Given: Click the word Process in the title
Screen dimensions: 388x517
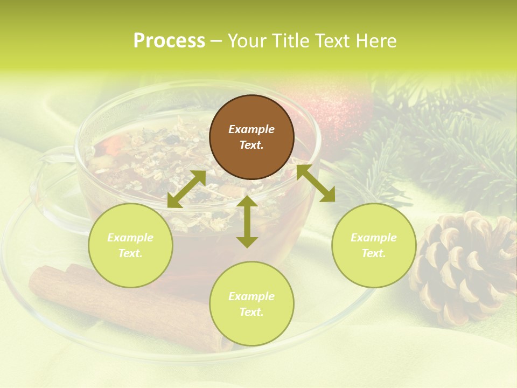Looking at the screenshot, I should [x=169, y=41].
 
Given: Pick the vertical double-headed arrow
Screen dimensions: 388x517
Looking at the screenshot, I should [x=247, y=221].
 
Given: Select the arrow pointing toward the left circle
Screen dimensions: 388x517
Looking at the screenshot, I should [x=186, y=189].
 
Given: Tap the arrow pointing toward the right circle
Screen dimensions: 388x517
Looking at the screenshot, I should [x=316, y=183].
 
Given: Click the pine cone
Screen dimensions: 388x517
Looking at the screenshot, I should [x=463, y=267].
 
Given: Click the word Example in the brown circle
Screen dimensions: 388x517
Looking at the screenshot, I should [x=251, y=129].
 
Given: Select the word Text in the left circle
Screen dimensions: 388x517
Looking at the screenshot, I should [x=130, y=253].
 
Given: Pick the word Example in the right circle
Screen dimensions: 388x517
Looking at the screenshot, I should [x=374, y=238].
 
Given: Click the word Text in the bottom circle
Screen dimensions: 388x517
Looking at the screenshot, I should [x=251, y=312].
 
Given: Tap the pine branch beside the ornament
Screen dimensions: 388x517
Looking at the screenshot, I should [x=442, y=140].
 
